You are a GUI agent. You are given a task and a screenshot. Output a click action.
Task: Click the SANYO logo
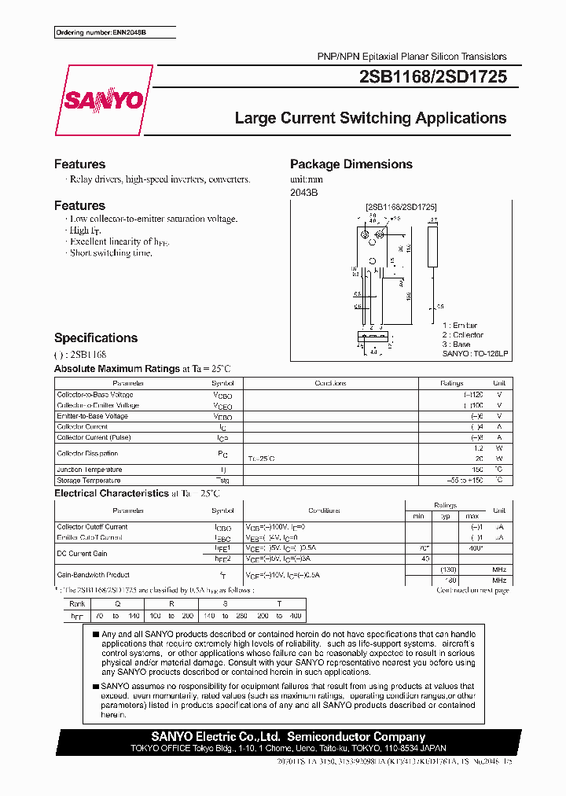[x=104, y=100]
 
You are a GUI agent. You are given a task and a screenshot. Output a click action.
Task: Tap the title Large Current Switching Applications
[x=370, y=118]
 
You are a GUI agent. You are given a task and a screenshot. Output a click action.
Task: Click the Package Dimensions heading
[x=351, y=164]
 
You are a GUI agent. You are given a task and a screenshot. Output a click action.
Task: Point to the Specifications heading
[x=95, y=338]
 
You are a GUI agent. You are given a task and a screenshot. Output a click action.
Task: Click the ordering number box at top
[x=115, y=32]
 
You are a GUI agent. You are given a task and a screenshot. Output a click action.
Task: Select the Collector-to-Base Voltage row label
[x=95, y=394]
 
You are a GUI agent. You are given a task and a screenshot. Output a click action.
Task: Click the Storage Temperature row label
[x=89, y=481]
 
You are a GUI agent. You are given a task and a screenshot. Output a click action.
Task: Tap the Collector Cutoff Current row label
[x=92, y=527]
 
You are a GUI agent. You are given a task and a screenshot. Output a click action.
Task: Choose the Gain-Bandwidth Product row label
[x=93, y=575]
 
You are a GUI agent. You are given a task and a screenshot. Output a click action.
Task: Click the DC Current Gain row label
[x=82, y=554]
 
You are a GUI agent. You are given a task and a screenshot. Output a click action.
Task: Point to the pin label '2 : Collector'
[x=462, y=335]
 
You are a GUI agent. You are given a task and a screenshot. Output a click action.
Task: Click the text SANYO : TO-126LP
[x=476, y=354]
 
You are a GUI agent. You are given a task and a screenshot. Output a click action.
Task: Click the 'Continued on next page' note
[x=472, y=590]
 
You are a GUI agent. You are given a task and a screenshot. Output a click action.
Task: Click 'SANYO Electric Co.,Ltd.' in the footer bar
[x=194, y=736]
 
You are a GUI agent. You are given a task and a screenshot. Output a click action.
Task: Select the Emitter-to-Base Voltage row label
[x=92, y=416]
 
